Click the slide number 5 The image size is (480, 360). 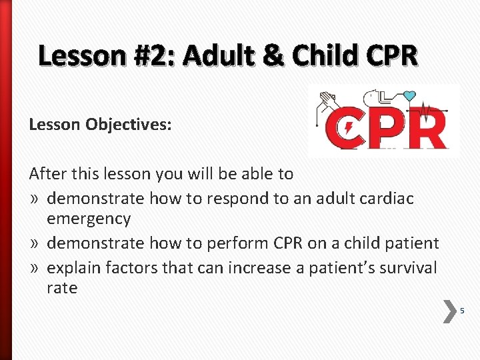click(462, 311)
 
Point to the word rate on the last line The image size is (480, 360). click(62, 288)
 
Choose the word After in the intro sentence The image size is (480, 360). click(47, 174)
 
